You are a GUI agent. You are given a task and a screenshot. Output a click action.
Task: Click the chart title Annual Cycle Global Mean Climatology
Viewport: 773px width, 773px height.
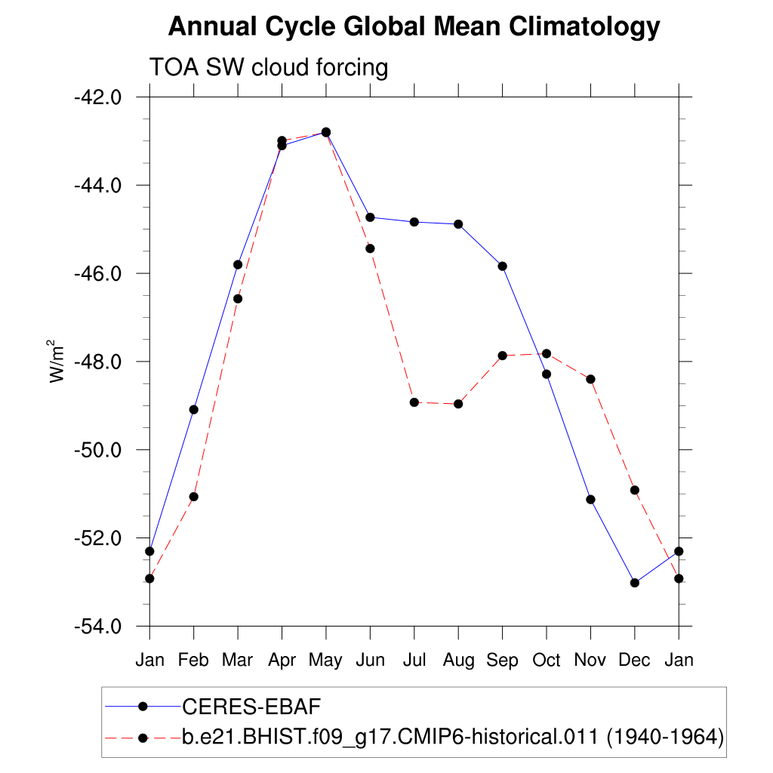click(x=414, y=27)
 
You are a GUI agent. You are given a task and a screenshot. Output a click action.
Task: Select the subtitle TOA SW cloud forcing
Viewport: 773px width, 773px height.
click(x=269, y=68)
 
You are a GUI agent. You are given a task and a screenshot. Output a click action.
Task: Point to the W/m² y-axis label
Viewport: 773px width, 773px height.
click(x=57, y=361)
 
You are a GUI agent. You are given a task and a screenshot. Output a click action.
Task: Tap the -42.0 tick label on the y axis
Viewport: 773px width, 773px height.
click(x=97, y=97)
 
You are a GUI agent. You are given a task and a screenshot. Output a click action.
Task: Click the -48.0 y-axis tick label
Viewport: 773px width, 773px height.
click(x=97, y=362)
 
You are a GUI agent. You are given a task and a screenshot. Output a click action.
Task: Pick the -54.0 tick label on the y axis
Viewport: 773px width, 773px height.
click(x=97, y=627)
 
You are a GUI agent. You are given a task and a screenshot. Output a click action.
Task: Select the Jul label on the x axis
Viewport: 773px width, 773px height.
click(x=414, y=661)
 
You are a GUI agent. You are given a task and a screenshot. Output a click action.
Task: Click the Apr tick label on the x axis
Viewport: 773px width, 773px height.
click(x=282, y=661)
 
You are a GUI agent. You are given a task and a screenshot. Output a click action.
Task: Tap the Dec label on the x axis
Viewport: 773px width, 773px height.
click(x=634, y=661)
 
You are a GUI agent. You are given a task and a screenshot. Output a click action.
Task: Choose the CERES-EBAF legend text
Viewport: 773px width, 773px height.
click(x=252, y=707)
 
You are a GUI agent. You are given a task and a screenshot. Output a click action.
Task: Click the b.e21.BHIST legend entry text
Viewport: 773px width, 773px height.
click(x=453, y=737)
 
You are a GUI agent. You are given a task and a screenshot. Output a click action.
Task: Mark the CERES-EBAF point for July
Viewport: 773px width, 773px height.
click(x=414, y=222)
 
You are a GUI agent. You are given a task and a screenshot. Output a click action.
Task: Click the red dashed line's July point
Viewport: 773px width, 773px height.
click(x=414, y=402)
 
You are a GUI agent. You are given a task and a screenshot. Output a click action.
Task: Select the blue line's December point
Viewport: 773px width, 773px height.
click(x=635, y=583)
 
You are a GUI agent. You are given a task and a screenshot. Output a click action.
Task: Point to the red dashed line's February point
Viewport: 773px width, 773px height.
click(x=194, y=497)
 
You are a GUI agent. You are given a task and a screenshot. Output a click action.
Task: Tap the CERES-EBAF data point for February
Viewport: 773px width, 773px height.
click(x=194, y=409)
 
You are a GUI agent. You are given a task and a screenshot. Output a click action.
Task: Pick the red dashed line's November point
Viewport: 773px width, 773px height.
click(x=590, y=379)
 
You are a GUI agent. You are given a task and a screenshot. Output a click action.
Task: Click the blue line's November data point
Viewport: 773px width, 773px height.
click(x=590, y=500)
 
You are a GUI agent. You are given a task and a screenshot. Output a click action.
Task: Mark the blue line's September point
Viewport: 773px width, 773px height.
click(x=502, y=266)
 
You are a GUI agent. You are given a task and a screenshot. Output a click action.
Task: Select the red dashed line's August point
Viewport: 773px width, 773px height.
click(x=458, y=404)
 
